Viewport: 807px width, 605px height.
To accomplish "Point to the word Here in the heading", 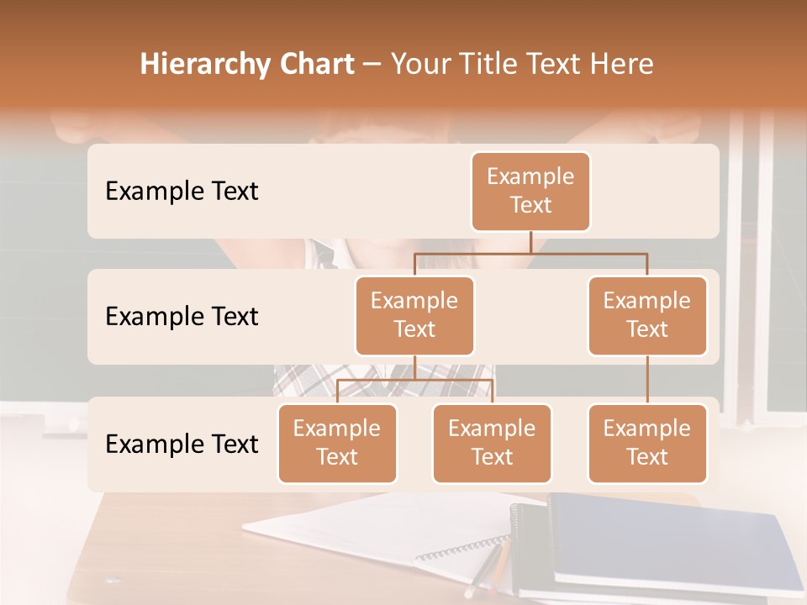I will (623, 65).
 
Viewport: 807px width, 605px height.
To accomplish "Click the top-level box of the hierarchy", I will (530, 191).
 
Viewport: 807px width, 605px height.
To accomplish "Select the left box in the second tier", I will (414, 315).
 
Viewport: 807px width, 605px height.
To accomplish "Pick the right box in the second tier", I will (647, 315).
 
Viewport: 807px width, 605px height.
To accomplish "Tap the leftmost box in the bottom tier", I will (337, 443).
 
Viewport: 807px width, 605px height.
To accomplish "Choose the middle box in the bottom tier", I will (492, 443).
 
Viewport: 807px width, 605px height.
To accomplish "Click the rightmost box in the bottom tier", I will (647, 443).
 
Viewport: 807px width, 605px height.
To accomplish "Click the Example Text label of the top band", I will (182, 191).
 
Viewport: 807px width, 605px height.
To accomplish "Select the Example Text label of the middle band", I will (182, 316).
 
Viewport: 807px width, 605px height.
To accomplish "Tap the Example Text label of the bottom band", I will (182, 444).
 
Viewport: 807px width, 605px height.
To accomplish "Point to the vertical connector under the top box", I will (530, 242).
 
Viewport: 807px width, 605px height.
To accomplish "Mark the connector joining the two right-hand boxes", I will (647, 380).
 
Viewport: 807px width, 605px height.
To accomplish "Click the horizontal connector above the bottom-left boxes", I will (414, 380).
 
